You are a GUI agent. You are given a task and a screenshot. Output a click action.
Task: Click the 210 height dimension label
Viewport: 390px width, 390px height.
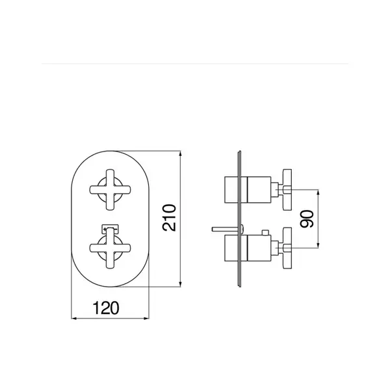point(169,218)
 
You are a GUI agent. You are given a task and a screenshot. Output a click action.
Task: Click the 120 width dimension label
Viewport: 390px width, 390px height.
point(106,308)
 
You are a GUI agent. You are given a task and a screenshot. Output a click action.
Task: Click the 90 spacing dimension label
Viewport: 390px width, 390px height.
point(307,219)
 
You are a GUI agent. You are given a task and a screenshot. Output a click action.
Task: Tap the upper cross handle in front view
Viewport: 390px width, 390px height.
point(110,190)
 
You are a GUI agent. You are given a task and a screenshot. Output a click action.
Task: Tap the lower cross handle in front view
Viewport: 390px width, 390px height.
point(110,248)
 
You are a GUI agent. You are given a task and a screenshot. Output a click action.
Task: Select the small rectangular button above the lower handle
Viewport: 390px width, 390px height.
point(110,229)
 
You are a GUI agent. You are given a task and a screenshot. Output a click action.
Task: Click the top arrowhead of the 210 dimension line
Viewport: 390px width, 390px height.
point(180,153)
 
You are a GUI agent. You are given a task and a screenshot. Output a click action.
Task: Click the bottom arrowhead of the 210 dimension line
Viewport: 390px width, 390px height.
point(180,284)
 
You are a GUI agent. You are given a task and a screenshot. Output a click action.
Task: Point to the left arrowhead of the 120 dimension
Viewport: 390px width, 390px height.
point(74,318)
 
